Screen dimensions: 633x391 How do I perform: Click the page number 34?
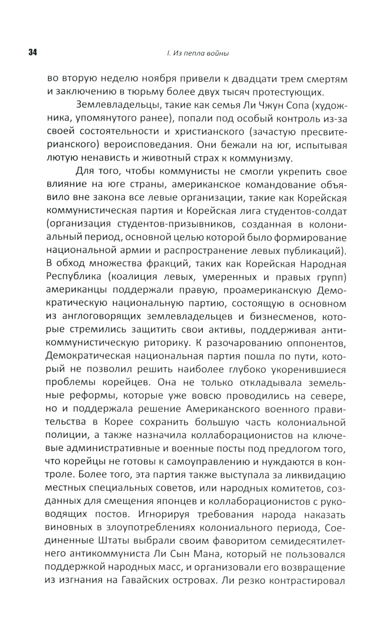[x=32, y=53]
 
